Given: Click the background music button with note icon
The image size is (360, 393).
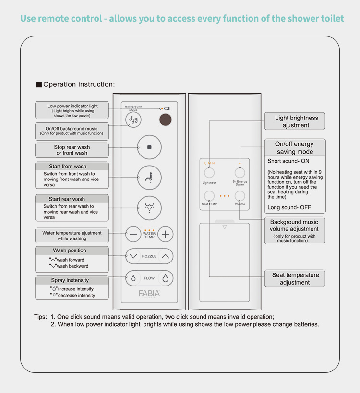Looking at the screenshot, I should click(x=133, y=120).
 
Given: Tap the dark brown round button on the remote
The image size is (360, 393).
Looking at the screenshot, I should click(x=166, y=120).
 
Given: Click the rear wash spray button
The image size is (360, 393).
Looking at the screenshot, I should click(x=149, y=208).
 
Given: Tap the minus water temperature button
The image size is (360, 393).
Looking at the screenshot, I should click(x=133, y=235).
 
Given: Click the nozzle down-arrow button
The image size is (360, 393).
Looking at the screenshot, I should click(x=133, y=256).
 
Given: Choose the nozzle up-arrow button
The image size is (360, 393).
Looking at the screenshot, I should click(x=166, y=256).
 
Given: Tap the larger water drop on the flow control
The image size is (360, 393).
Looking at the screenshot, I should click(x=166, y=278).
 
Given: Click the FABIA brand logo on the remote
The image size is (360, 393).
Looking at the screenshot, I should click(x=149, y=293).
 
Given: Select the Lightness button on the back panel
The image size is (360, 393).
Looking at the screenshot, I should click(x=209, y=173).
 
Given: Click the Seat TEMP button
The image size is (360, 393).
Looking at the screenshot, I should click(x=209, y=195).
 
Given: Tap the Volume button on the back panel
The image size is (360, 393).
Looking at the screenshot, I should click(x=240, y=195).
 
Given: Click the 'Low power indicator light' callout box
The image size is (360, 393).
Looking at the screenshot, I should click(x=72, y=110).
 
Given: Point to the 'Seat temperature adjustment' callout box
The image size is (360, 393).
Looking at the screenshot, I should click(x=295, y=278).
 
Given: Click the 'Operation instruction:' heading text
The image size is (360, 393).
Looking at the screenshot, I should click(x=79, y=84).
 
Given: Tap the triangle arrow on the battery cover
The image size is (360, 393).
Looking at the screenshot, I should click(x=224, y=227).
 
